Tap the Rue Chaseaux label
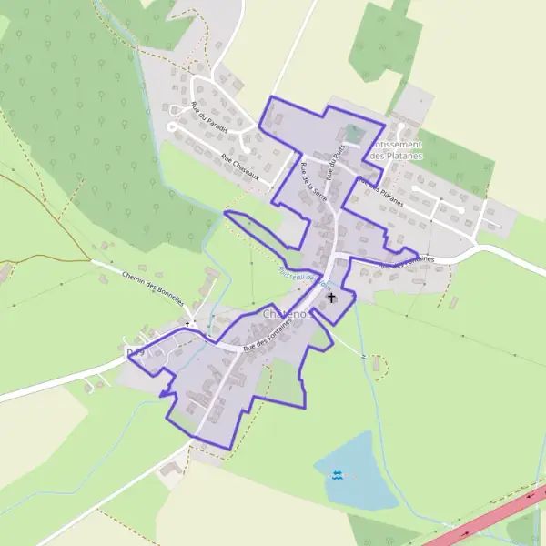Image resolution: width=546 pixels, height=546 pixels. click(240, 167)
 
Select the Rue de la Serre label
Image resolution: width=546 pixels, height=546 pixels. click(315, 183)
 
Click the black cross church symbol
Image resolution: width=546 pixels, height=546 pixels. click(331, 297)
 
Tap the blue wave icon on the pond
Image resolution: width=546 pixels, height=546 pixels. click(338, 475)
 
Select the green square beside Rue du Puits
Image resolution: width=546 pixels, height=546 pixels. click(354, 135)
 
